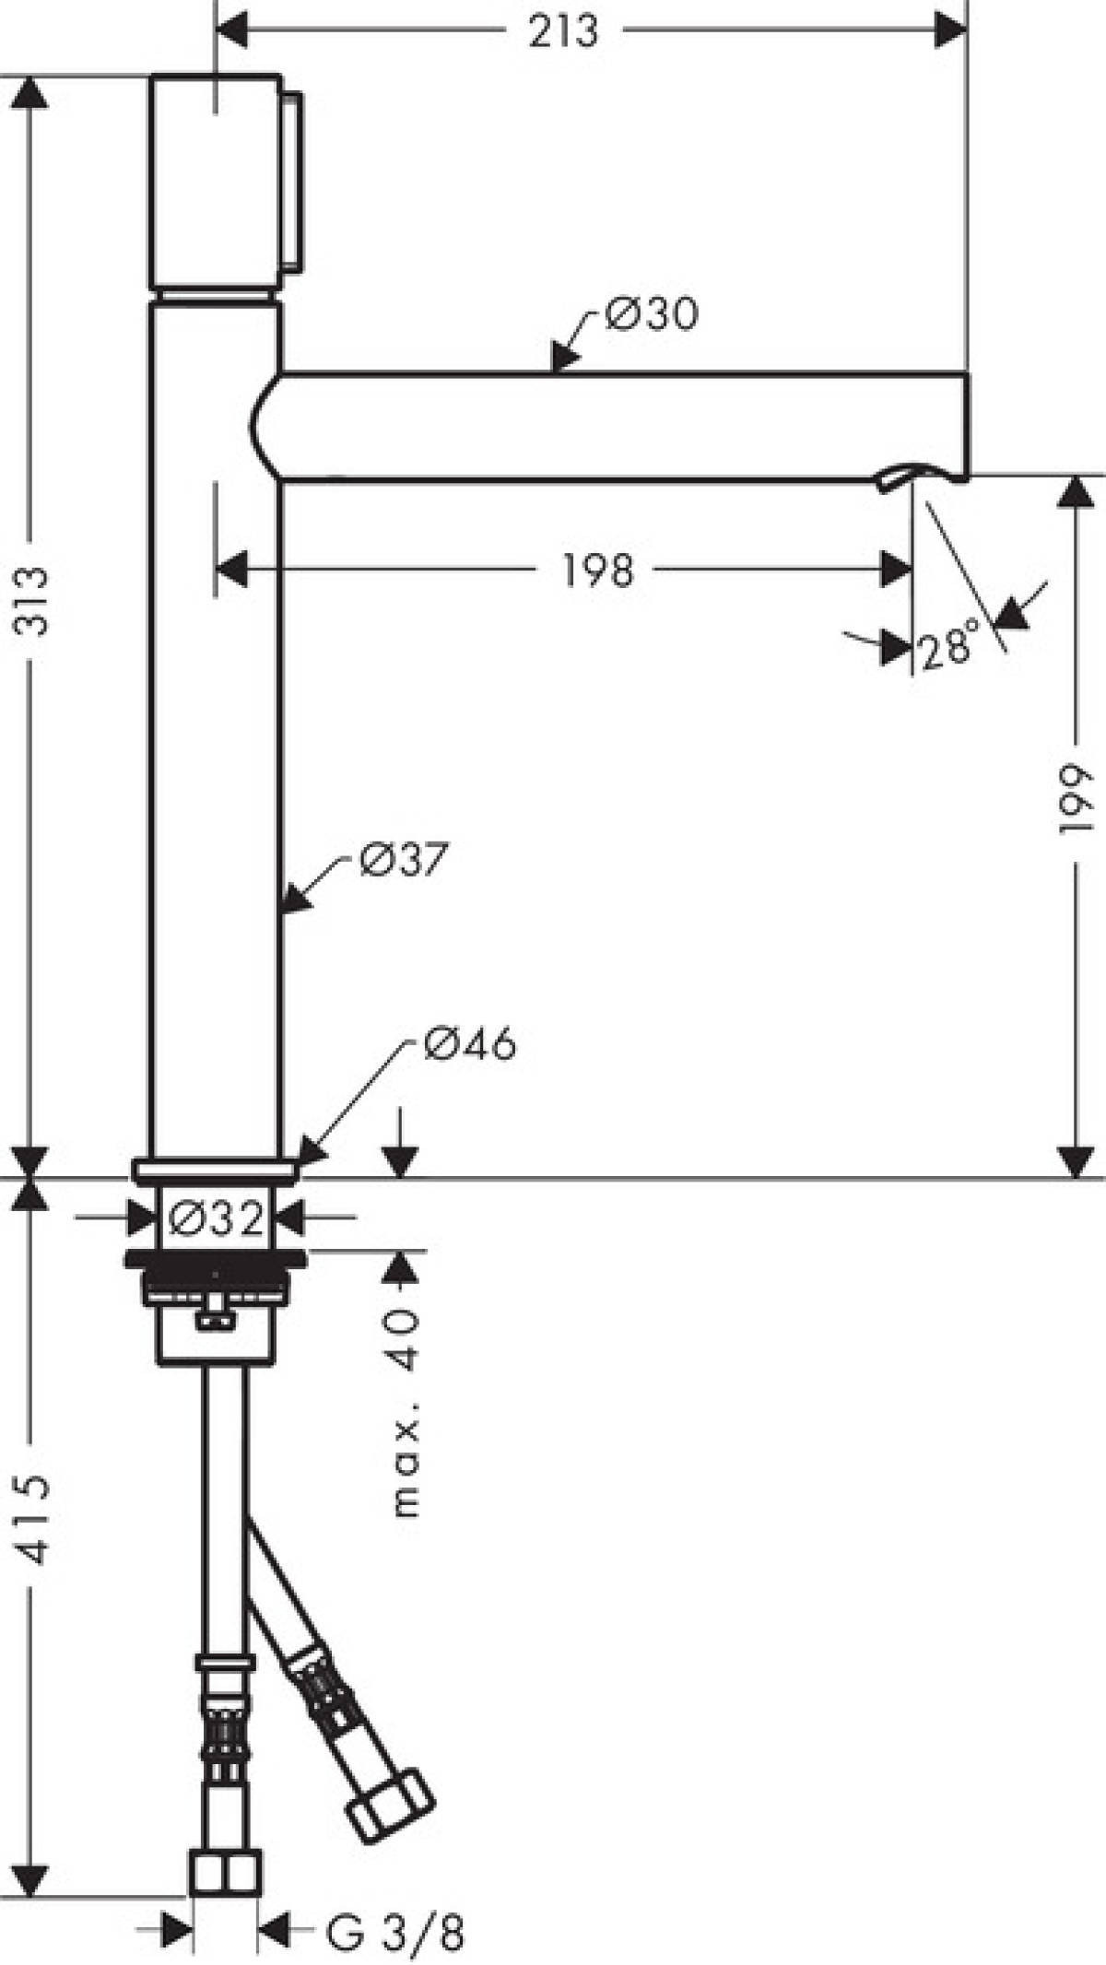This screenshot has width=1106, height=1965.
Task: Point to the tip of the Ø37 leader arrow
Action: pos(280,912)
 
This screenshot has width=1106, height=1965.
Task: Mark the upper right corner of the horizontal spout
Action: pos(968,373)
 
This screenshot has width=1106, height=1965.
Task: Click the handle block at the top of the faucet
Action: pos(215,182)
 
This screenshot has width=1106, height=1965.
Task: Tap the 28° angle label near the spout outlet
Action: pos(947,647)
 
